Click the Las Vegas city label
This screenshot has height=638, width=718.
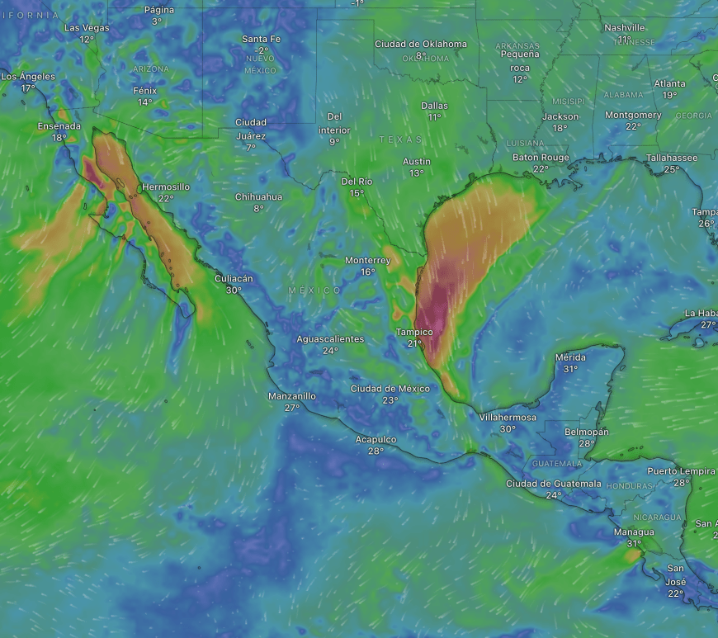87,28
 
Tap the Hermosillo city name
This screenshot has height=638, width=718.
166,187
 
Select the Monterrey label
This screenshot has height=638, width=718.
367,261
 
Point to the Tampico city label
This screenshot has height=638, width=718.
414,333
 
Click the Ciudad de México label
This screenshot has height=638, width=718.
390,389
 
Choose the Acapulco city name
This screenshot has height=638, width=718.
376,440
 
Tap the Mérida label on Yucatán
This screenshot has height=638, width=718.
570,357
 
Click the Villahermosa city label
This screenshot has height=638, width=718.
508,418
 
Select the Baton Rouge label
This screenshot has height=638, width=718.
541,158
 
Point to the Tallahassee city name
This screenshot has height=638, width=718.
672,158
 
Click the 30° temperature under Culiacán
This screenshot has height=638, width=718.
234,291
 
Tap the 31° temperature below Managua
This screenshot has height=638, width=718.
634,543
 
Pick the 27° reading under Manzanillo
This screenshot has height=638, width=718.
292,408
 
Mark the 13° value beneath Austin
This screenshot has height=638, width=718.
417,173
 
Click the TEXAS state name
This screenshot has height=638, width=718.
400,140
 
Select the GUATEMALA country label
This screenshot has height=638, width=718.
557,464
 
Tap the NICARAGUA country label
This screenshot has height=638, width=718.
658,517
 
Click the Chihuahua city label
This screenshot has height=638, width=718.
258,197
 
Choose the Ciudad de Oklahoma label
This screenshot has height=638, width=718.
421,45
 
